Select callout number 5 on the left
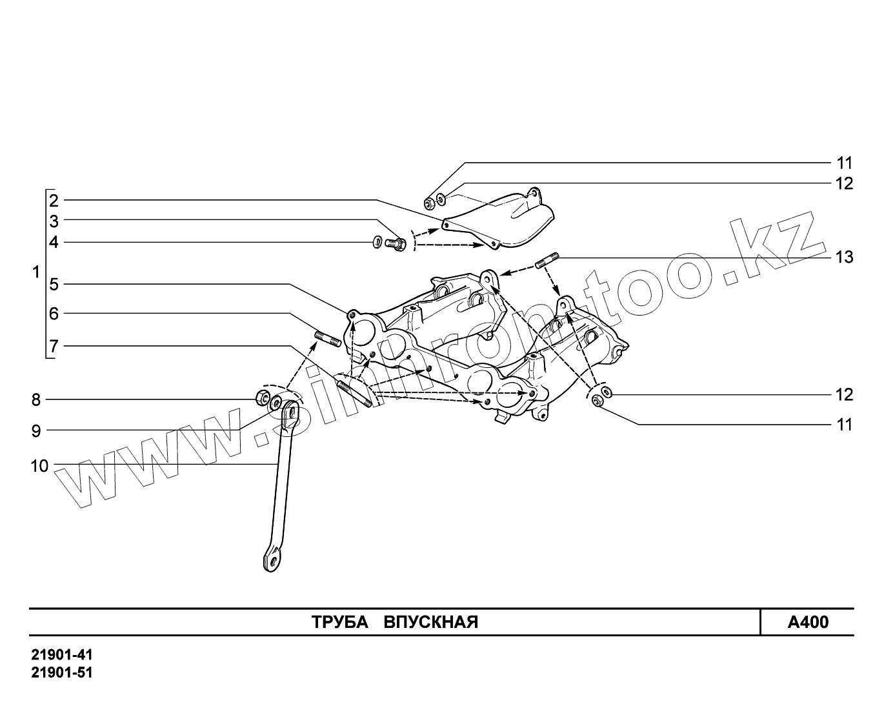point(54,284)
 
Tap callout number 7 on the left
point(54,347)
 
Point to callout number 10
point(40,465)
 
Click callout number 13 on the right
point(844,258)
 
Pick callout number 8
point(36,400)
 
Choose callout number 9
point(36,430)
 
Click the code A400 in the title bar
point(808,623)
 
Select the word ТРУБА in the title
point(339,623)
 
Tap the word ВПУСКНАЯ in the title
point(431,623)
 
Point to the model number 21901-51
point(63,672)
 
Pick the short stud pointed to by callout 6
point(328,338)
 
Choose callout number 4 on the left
point(54,243)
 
